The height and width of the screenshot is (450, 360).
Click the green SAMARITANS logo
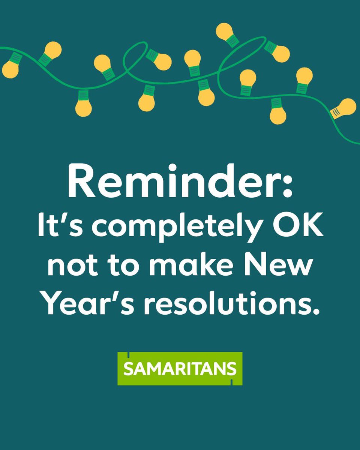(x=180, y=369)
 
